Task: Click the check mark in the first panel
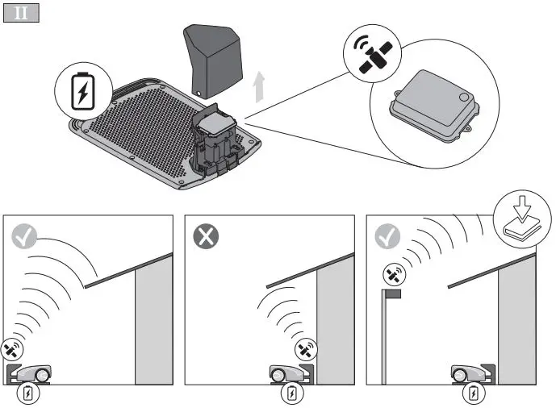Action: (x=25, y=235)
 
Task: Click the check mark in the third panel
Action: (x=388, y=235)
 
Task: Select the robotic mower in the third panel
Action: (x=471, y=373)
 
